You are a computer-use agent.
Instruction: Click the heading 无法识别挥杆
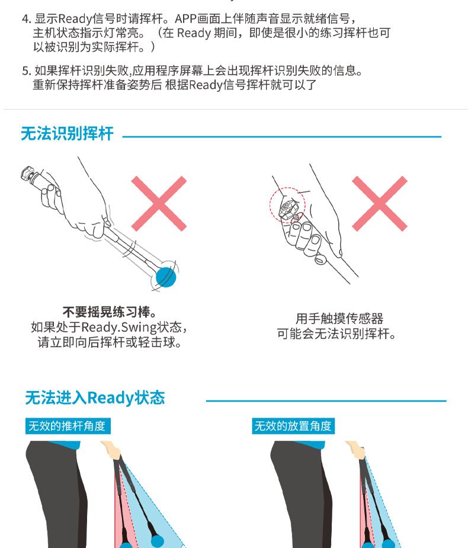[x=67, y=133]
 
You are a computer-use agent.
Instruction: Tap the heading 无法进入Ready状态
[x=95, y=398]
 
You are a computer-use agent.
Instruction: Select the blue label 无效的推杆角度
[x=68, y=426]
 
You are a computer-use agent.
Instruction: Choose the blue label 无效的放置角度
[x=293, y=426]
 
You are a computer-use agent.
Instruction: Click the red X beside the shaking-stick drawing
[x=159, y=203]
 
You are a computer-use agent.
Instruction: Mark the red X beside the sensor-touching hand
[x=380, y=203]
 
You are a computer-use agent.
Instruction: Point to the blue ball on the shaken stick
[x=166, y=277]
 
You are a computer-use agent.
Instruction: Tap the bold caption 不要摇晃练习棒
[x=110, y=312]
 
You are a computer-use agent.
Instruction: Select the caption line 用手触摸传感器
[x=339, y=318]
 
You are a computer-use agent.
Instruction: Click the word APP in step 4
[x=185, y=18]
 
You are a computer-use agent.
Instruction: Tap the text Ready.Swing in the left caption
[x=119, y=328]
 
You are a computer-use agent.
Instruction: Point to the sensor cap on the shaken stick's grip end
[x=28, y=174]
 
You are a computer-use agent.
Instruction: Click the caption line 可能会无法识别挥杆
[x=336, y=334]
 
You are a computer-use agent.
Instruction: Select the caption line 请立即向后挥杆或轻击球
[x=110, y=342]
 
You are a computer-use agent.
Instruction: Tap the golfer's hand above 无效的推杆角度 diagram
[x=111, y=449]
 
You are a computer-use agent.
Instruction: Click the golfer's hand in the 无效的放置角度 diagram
[x=356, y=449]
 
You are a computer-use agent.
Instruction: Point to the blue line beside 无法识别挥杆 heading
[x=282, y=137]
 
